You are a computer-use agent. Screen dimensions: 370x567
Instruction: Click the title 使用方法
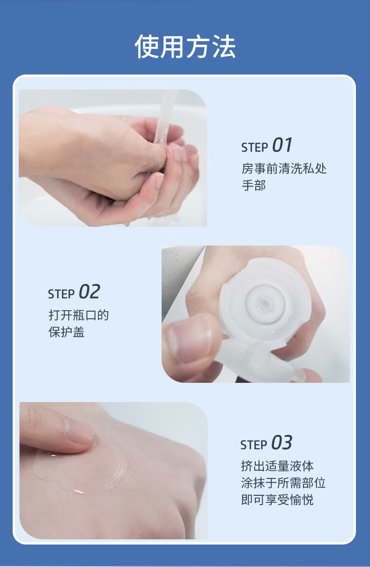185,47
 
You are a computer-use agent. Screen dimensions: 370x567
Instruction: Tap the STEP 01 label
267,145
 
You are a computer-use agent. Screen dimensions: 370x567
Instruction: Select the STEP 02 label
74,291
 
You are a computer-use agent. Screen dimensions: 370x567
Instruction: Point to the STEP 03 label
266,442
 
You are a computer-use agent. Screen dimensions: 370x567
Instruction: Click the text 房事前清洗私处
284,168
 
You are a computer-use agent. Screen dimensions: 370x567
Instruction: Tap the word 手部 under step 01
253,185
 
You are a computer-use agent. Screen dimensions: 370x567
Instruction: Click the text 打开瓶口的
79,315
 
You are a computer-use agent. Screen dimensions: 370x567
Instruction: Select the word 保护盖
67,332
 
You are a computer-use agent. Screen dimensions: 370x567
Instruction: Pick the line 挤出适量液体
277,466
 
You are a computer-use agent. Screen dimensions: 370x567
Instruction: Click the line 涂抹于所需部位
283,483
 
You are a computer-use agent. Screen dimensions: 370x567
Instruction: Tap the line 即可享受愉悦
277,500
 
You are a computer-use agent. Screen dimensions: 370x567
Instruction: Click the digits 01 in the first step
282,145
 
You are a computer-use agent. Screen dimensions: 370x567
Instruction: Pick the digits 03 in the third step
281,442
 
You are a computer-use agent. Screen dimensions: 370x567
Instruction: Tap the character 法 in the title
224,47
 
